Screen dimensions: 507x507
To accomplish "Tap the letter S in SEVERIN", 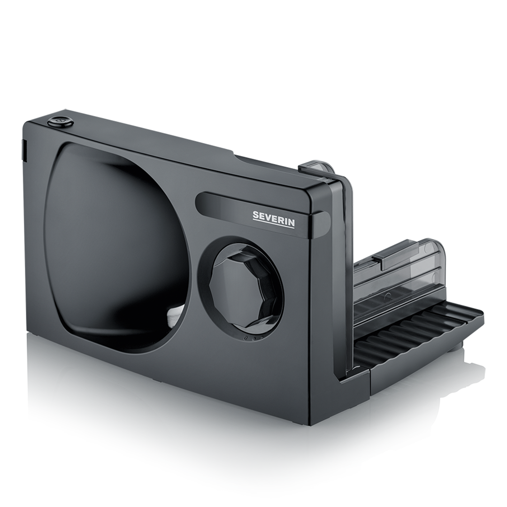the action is [255, 215].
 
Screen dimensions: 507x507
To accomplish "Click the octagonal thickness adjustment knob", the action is [240, 287].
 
